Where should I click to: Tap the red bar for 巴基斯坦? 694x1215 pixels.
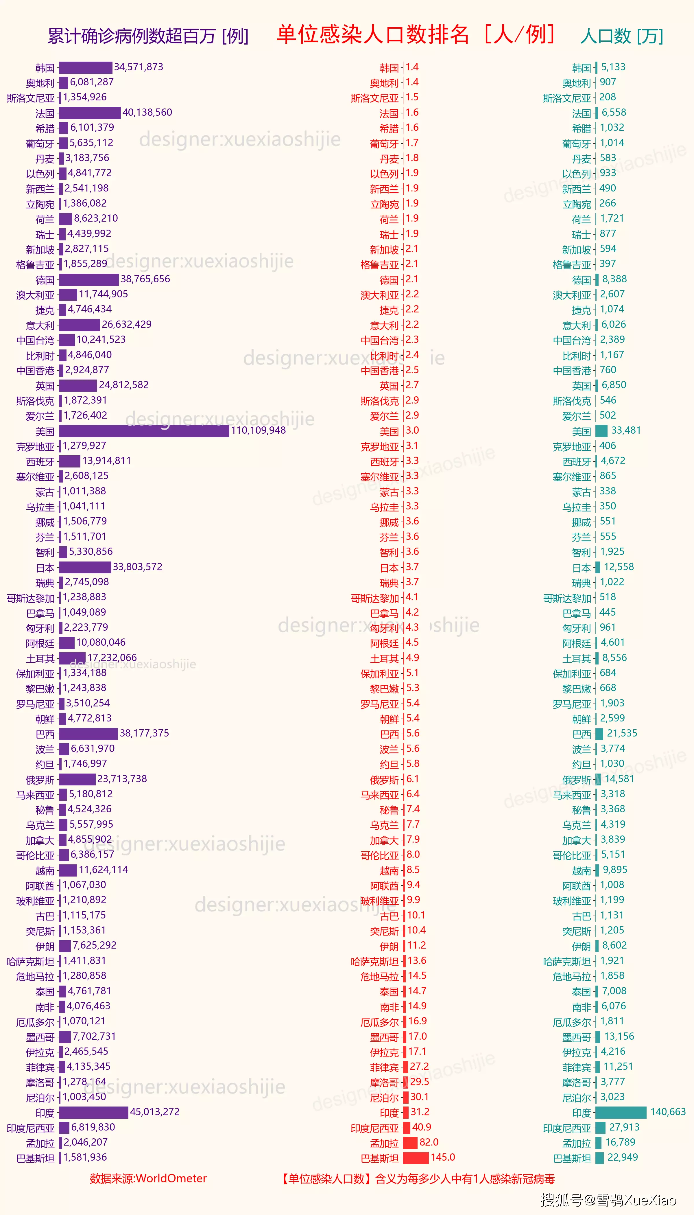[x=416, y=1158]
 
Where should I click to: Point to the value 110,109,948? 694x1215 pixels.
[x=258, y=430]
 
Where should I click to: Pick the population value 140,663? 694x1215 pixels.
[x=668, y=1112]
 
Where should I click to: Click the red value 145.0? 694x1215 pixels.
[x=443, y=1157]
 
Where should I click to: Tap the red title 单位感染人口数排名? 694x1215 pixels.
[x=373, y=35]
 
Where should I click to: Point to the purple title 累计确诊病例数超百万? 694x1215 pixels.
[x=148, y=36]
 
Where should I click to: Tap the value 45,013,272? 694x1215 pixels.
[x=155, y=1112]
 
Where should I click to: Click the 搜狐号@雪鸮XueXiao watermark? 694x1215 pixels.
[x=608, y=1200]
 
